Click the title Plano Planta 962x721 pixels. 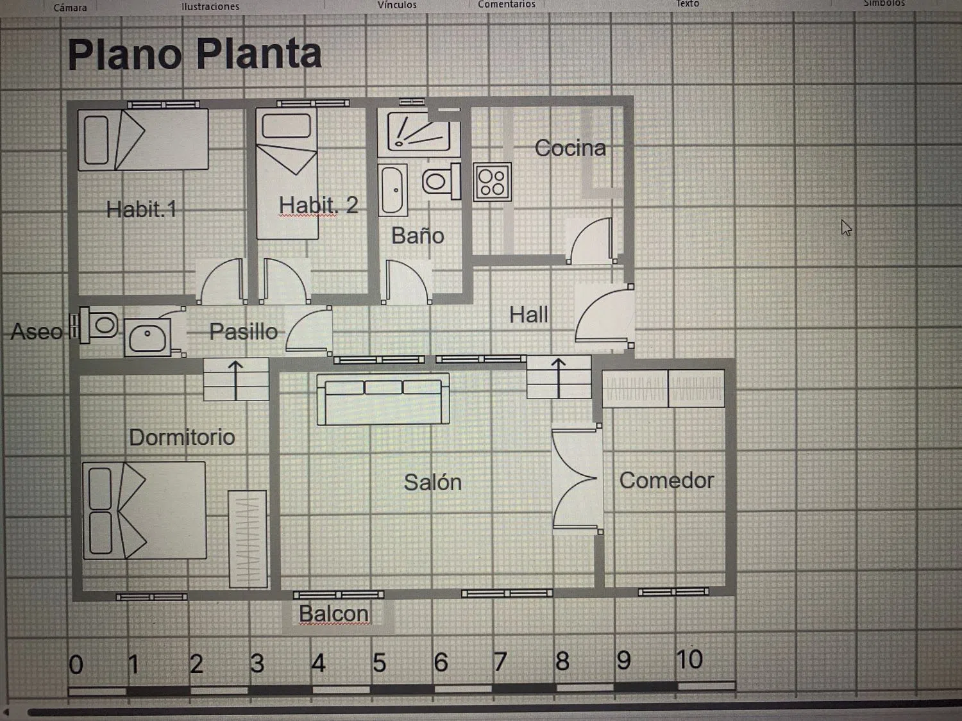tap(194, 54)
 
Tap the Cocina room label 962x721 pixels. tap(570, 148)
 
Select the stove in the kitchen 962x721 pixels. tap(492, 182)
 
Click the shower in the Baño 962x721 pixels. tap(419, 133)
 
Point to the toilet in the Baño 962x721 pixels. tap(441, 181)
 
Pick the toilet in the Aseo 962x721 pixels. tap(99, 325)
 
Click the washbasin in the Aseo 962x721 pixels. tap(148, 338)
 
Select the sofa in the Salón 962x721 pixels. tap(383, 399)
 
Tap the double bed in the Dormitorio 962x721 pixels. tap(144, 510)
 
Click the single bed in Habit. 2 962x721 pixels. tap(287, 173)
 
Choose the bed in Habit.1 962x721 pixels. tap(143, 139)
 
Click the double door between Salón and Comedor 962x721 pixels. tap(577, 479)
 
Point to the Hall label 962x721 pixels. tap(528, 315)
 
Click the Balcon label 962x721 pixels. tap(333, 614)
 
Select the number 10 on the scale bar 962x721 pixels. tap(689, 659)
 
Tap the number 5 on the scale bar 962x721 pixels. tap(379, 663)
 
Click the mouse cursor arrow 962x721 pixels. tap(846, 228)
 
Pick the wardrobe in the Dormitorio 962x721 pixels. tap(248, 539)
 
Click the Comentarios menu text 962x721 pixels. tap(507, 4)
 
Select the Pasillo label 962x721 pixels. tap(244, 331)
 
